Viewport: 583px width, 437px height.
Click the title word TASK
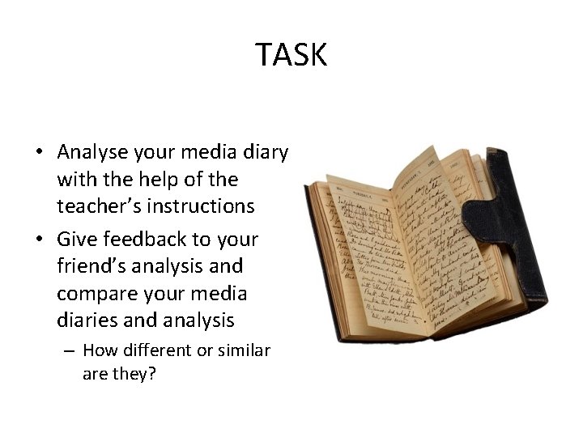pyautogui.click(x=291, y=55)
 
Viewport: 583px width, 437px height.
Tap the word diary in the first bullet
pyautogui.click(x=264, y=151)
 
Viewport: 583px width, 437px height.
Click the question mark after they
pyautogui.click(x=154, y=375)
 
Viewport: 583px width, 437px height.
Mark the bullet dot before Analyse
pyautogui.click(x=39, y=152)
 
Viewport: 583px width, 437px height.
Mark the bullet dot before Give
pyautogui.click(x=39, y=239)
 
